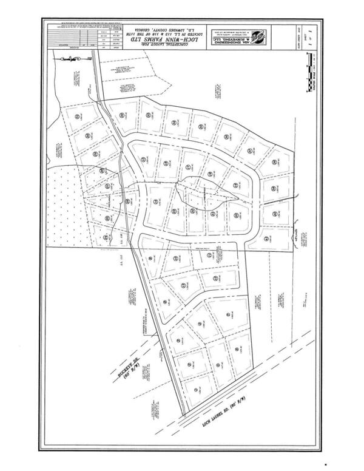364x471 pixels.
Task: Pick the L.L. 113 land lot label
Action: [121, 260]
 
